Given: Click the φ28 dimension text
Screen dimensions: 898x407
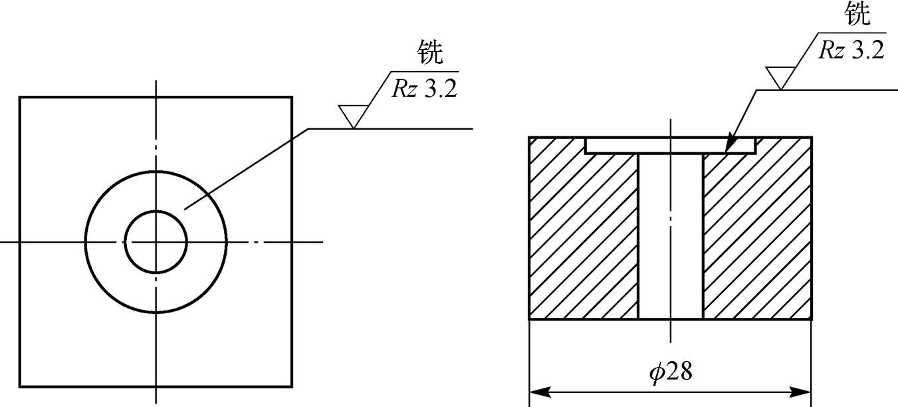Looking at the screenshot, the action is click(x=670, y=372).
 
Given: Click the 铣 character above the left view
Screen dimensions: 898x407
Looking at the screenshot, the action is click(x=429, y=54).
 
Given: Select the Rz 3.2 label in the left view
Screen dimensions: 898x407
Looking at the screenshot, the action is click(x=424, y=88).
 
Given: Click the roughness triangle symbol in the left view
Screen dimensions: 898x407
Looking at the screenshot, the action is click(x=352, y=116).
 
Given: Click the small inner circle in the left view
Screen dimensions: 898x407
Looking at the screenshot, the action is click(x=156, y=242).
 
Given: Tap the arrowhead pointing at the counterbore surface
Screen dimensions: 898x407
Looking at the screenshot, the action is click(x=729, y=144).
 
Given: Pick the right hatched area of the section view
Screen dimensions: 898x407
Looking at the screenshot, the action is click(x=758, y=239).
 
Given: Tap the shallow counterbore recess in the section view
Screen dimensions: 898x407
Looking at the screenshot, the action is click(x=670, y=146).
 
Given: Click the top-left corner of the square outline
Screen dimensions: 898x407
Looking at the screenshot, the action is click(x=20, y=98).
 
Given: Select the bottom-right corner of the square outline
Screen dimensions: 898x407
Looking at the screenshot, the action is click(x=292, y=386).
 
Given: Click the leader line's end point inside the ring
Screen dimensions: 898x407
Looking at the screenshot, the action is click(x=185, y=209).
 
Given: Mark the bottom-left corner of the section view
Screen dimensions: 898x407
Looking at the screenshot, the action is click(x=530, y=320).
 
